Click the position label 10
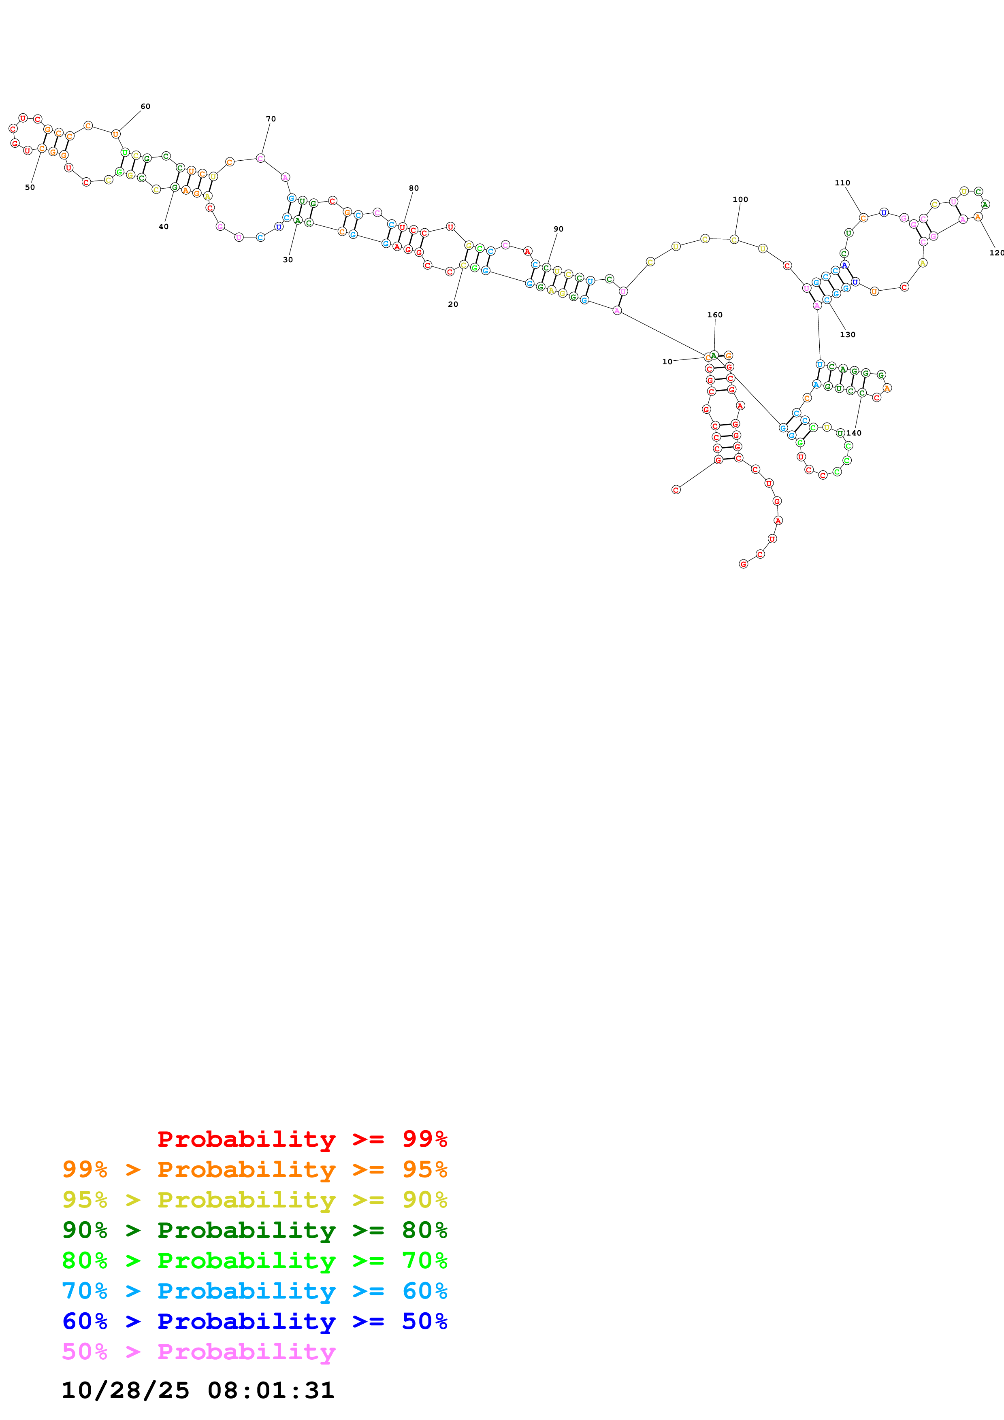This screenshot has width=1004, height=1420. point(667,362)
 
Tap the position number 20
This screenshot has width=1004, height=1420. point(453,304)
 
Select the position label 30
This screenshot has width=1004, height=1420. point(288,260)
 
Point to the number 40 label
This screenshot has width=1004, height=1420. point(163,227)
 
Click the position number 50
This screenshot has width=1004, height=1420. point(30,187)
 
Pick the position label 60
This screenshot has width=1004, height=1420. point(145,106)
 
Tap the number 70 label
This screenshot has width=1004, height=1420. point(271,119)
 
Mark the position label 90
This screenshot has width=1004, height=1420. point(558,229)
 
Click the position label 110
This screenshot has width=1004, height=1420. point(842,183)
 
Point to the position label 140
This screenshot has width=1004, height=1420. point(854,433)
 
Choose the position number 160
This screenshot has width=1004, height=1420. point(715,315)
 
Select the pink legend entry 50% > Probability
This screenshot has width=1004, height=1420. point(198,1351)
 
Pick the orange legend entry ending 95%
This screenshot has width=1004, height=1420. point(254,1169)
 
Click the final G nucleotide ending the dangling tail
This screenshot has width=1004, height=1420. point(744,564)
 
